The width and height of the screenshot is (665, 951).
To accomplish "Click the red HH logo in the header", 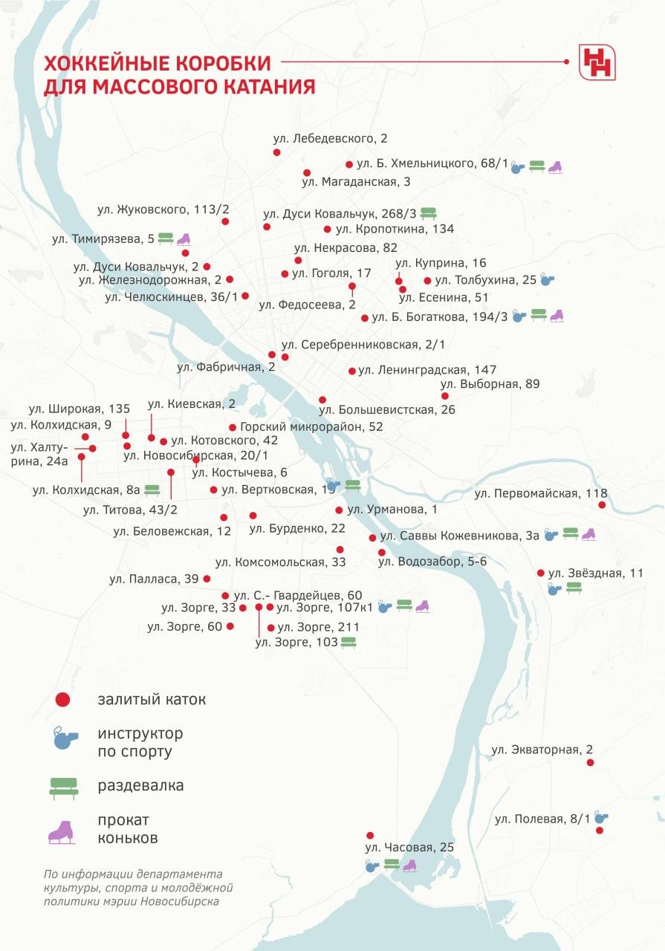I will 597,62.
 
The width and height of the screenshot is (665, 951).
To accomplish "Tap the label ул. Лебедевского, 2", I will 331,138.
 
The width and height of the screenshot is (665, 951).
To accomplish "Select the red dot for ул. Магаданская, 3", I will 307,172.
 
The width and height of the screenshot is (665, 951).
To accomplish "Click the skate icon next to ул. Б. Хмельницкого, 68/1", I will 555,167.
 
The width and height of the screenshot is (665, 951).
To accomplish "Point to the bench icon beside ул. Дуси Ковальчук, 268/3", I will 429,214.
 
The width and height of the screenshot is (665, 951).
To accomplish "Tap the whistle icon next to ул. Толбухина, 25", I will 547,280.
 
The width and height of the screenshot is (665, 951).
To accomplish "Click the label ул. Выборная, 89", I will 490,384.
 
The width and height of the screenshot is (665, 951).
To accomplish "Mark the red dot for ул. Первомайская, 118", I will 602,505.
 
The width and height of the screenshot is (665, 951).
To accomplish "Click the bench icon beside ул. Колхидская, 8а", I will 152,490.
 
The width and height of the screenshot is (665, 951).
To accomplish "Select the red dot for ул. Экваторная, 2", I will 590,762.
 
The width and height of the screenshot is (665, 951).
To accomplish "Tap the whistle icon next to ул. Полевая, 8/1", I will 601,818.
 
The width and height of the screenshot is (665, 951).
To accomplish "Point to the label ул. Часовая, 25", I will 409,847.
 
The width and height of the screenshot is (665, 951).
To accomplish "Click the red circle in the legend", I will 63,699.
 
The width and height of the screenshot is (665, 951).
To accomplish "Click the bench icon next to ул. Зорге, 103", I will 348,642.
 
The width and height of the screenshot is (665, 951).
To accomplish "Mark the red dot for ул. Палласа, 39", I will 207,579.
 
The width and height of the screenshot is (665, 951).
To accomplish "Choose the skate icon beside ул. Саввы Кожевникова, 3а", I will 588,534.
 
